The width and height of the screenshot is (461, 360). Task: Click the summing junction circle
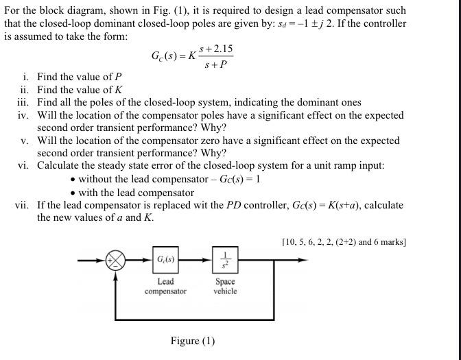(x=116, y=261)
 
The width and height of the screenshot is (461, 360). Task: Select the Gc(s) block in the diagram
(x=165, y=260)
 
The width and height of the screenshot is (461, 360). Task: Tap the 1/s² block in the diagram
(x=225, y=260)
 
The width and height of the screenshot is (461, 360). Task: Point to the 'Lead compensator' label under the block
(x=165, y=287)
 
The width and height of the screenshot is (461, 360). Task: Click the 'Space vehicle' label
(x=225, y=287)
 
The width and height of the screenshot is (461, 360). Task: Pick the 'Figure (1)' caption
(x=193, y=341)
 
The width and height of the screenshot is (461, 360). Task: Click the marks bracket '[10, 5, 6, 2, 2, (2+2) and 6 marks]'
(x=344, y=241)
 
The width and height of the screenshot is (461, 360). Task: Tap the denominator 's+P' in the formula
(x=216, y=65)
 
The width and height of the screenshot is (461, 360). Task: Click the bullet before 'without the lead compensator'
(x=73, y=180)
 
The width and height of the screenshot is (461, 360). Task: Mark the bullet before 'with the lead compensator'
(x=73, y=193)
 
